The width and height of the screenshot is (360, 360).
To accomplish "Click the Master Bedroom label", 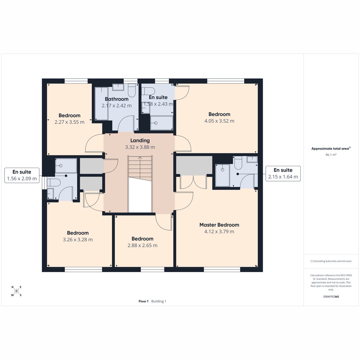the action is click(x=219, y=225).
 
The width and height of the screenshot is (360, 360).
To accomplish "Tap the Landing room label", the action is click(x=140, y=140).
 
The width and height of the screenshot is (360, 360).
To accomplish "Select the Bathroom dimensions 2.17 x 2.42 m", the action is click(x=117, y=106).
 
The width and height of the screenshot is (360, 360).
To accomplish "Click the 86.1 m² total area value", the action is click(x=331, y=154).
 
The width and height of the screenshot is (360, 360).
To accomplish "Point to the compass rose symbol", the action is click(x=16, y=291).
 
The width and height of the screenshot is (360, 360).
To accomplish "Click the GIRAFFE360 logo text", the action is click(x=331, y=296).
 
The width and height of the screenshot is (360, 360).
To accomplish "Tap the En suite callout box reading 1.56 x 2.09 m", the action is click(x=22, y=175).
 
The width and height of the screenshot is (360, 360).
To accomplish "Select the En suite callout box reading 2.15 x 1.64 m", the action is click(x=283, y=173).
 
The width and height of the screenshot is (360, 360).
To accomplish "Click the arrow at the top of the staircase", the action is click(x=140, y=157).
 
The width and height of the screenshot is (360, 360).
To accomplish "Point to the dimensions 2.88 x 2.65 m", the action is click(x=142, y=245).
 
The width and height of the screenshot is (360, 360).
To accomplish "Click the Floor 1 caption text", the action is click(x=143, y=301).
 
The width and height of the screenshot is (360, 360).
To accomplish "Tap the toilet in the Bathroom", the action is click(x=132, y=90).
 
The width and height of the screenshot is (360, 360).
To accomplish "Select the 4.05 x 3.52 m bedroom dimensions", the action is click(x=219, y=121).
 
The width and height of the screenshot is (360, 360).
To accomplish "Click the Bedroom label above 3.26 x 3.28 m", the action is click(x=78, y=233).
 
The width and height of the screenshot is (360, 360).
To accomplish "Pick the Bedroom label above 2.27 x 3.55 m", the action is click(x=69, y=115).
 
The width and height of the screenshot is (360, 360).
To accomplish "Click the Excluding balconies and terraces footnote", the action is click(x=331, y=261).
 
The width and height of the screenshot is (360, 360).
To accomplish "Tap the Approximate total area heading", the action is click(x=331, y=149).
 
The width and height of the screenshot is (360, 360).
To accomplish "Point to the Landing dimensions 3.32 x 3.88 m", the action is click(x=140, y=147).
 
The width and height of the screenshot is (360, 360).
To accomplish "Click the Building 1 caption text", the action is click(x=159, y=301).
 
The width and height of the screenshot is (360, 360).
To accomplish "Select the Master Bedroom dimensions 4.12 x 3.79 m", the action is click(x=219, y=232).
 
